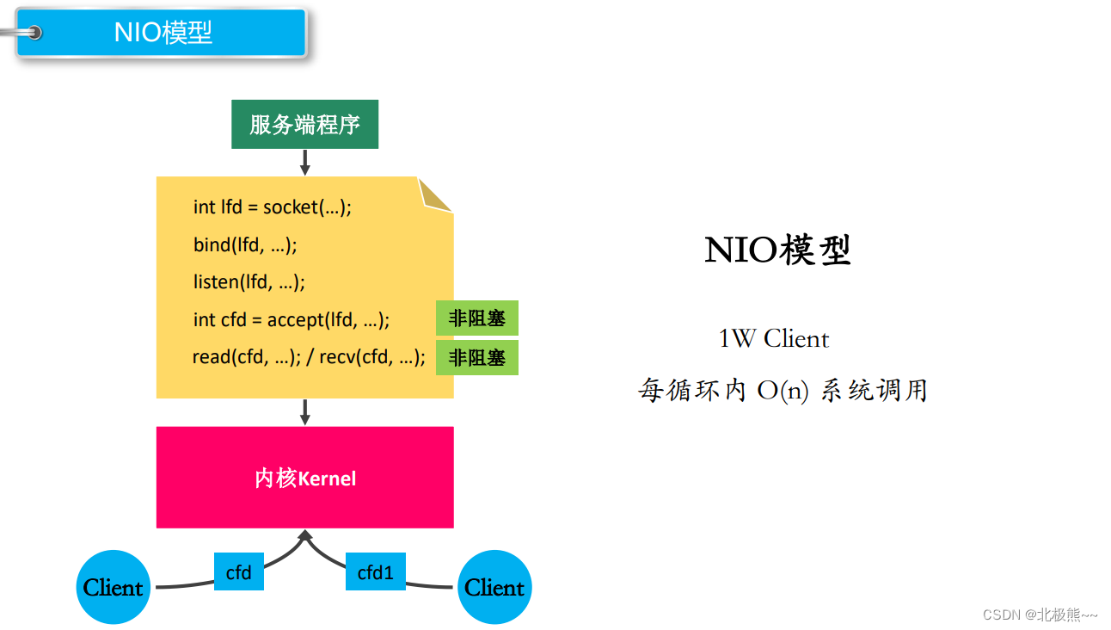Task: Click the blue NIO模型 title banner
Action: pyautogui.click(x=162, y=33)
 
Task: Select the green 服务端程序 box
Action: pyautogui.click(x=304, y=125)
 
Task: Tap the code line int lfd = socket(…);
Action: pyautogui.click(x=273, y=207)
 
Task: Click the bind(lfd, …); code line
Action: pyautogui.click(x=245, y=244)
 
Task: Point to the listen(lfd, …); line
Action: pyautogui.click(x=249, y=281)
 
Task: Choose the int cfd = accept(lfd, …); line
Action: pyautogui.click(x=292, y=319)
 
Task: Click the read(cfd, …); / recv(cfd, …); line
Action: pyautogui.click(x=309, y=356)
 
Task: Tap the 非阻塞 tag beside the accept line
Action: pyautogui.click(x=476, y=318)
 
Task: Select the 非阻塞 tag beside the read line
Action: pyautogui.click(x=476, y=357)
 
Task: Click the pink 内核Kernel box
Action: pyautogui.click(x=304, y=478)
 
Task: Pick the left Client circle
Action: pyautogui.click(x=113, y=587)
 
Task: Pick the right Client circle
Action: pyautogui.click(x=494, y=587)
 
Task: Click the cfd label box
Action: pyautogui.click(x=238, y=571)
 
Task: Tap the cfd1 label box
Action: pyautogui.click(x=375, y=571)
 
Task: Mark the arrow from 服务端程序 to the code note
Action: pyautogui.click(x=304, y=162)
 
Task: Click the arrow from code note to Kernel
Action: pyautogui.click(x=304, y=411)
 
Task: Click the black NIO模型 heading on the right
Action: pyautogui.click(x=777, y=250)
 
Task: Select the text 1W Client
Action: pyautogui.click(x=773, y=338)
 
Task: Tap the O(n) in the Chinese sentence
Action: pyautogui.click(x=783, y=391)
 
